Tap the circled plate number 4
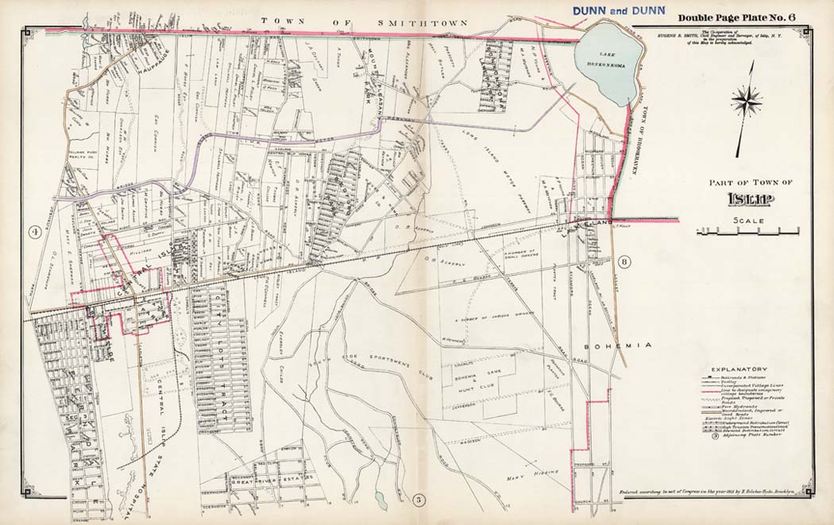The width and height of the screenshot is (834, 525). (x=35, y=232)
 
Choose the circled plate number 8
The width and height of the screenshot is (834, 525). (x=625, y=263)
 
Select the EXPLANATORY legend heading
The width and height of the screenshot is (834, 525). (x=739, y=369)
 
